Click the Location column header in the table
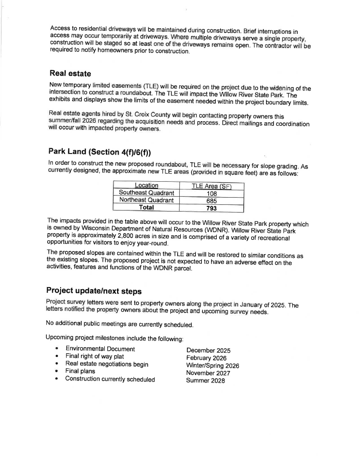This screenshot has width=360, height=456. pyautogui.click(x=146, y=185)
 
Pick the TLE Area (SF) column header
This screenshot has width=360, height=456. pyautogui.click(x=211, y=185)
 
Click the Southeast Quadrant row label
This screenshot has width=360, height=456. pyautogui.click(x=146, y=193)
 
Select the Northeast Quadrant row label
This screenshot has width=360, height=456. pyautogui.click(x=146, y=200)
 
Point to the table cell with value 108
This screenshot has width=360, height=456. pyautogui.click(x=211, y=193)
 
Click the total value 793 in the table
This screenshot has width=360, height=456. pyautogui.click(x=211, y=208)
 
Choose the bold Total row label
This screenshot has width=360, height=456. pyautogui.click(x=146, y=208)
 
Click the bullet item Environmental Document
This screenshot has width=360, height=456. pyautogui.click(x=100, y=349)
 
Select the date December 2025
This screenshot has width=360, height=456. pyautogui.click(x=209, y=350)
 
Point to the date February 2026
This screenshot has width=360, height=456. pyautogui.click(x=206, y=358)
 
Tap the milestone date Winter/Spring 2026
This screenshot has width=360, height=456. pyautogui.click(x=213, y=366)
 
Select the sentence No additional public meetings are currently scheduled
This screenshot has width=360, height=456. pyautogui.click(x=120, y=325)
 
